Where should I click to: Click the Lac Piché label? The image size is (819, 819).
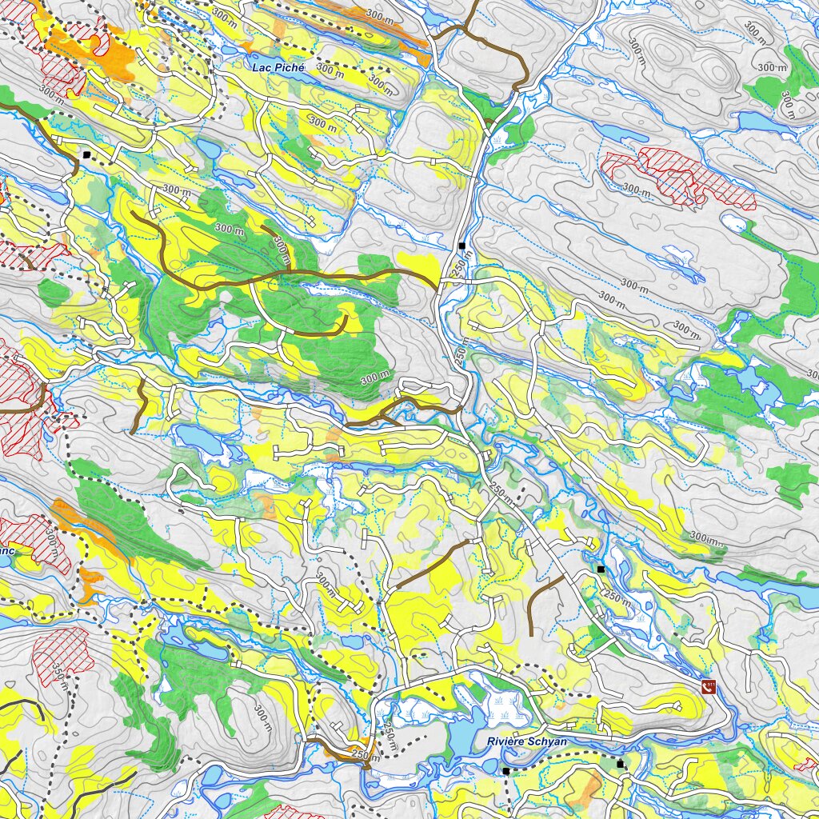pos(278,68)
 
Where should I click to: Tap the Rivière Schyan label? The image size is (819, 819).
pos(527,741)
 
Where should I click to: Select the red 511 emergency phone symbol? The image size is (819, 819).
pos(708,685)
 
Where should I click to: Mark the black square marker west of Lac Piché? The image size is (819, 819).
pos(86,154)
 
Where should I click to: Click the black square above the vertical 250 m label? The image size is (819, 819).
pos(461,245)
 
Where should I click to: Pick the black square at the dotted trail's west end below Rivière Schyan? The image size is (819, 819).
pos(505,771)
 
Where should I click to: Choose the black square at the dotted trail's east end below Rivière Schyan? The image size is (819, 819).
pos(620,765)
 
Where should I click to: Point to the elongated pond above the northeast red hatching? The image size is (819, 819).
pos(620,133)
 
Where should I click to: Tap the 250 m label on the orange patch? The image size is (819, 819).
pos(364,755)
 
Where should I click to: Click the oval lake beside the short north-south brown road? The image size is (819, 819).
pos(200,437)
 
